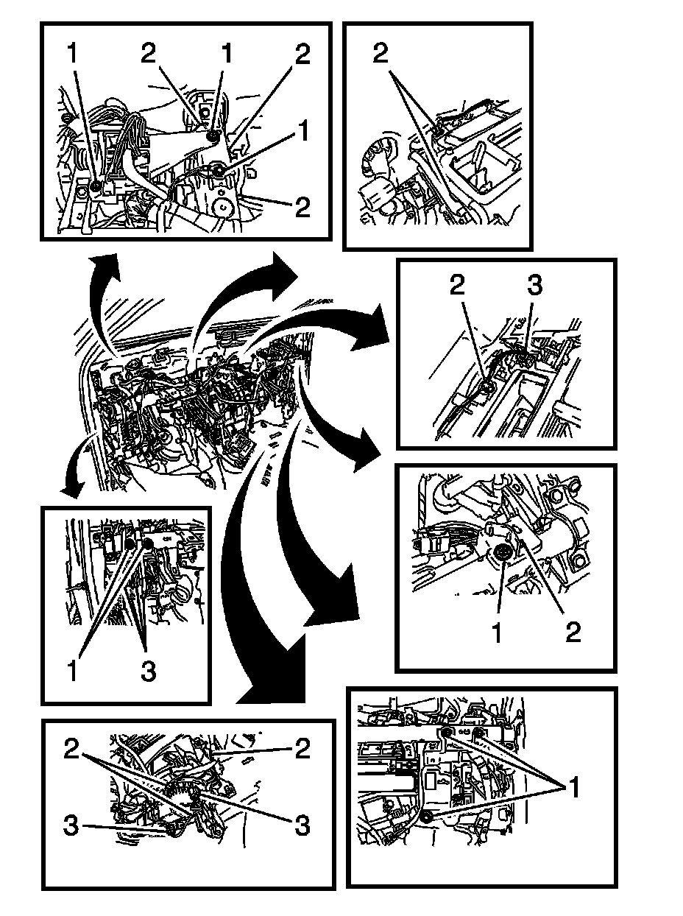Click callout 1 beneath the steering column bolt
coord(497,632)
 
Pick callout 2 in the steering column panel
coord(573,632)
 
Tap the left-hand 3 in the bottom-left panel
coord(71,825)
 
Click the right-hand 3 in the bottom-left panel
coord(302,825)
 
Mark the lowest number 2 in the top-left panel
coord(302,207)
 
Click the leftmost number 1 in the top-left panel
coord(71,53)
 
